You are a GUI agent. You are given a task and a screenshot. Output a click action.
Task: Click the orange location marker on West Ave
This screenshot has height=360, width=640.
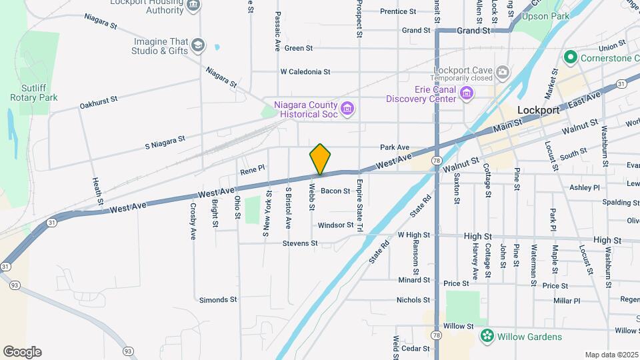(x=320, y=159)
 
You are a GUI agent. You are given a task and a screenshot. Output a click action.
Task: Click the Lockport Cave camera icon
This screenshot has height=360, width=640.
(x=502, y=71)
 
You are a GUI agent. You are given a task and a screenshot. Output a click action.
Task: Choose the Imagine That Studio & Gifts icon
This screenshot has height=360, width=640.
(x=197, y=45)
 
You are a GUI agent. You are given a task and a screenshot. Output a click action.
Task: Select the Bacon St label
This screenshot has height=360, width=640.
(x=335, y=191)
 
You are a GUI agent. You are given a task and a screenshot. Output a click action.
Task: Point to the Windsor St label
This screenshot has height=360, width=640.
(x=335, y=226)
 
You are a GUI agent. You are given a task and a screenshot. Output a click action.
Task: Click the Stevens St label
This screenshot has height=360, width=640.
(x=300, y=244)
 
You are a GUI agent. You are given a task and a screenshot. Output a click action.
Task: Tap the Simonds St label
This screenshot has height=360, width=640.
(x=218, y=301)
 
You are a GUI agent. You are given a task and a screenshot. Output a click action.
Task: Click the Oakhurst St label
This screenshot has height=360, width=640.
(x=98, y=102)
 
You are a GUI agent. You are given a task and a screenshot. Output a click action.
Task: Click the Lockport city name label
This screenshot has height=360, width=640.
(x=539, y=111)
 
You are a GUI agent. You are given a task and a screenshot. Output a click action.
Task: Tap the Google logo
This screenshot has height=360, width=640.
(x=22, y=351)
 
